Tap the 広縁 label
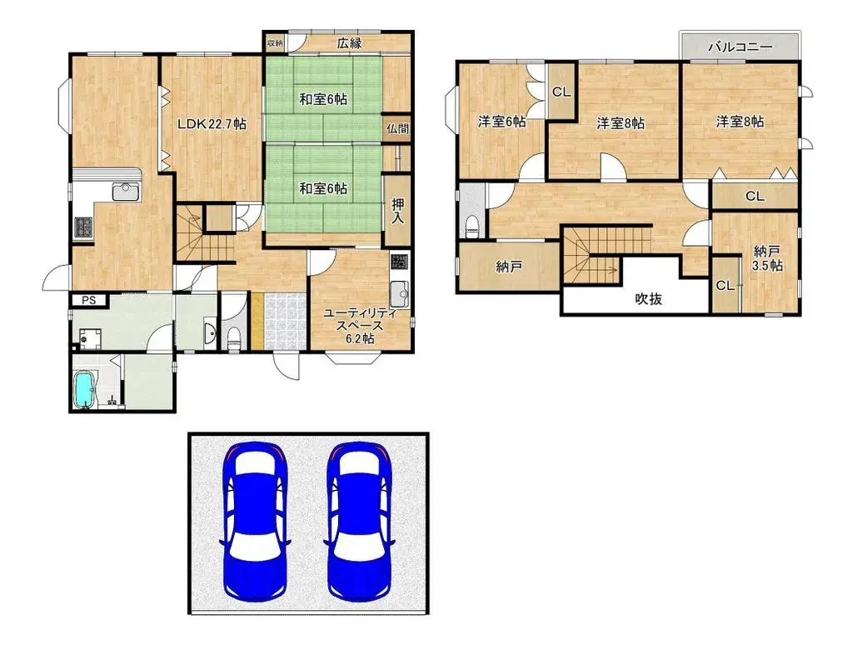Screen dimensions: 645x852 coord(349,43)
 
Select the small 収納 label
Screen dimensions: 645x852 coord(275,42)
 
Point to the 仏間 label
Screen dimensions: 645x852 coord(397,128)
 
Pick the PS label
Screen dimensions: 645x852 coord(87,301)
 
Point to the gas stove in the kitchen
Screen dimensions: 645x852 coord(84,227)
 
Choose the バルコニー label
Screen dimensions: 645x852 coord(739,47)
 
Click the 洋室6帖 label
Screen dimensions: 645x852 coord(501,122)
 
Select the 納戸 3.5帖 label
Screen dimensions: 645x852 coord(766,257)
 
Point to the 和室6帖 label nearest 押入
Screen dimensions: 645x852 coord(323,189)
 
